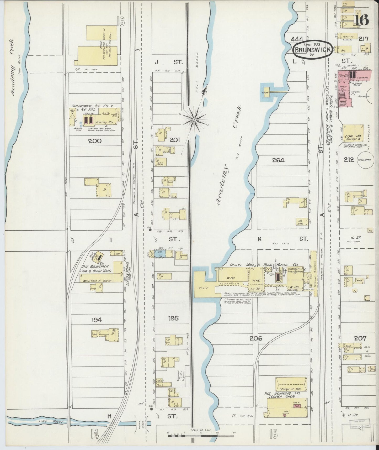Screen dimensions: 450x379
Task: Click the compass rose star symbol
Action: tap(194, 119)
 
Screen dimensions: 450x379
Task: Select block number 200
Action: tap(95, 141)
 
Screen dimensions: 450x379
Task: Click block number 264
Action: tap(278, 160)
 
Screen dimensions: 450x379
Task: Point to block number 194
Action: tap(97, 320)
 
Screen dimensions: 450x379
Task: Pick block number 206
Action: tap(256, 338)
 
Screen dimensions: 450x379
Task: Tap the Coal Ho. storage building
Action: tap(354, 134)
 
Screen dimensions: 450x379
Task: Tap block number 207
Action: tap(360, 338)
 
